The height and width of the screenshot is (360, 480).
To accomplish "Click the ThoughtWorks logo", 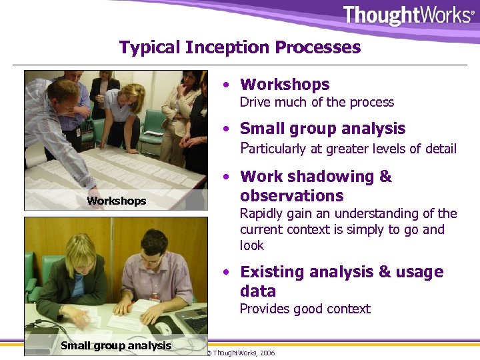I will [x=407, y=15].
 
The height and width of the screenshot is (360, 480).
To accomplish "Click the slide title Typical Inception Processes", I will [x=240, y=47].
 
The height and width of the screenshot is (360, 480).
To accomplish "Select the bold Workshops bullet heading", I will [x=285, y=85].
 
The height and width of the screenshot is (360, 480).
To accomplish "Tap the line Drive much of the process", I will [x=317, y=102].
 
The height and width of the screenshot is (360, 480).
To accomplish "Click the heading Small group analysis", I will [x=323, y=129].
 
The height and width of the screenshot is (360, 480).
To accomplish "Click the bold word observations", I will [x=292, y=196].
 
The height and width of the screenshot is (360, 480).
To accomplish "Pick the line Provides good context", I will [x=305, y=309].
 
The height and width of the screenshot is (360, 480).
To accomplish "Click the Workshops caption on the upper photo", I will [x=116, y=201].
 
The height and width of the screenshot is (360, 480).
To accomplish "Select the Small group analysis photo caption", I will [x=116, y=345].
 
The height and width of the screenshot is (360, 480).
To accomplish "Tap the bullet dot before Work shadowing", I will [x=228, y=177].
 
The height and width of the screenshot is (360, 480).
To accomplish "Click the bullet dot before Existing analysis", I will [x=228, y=273].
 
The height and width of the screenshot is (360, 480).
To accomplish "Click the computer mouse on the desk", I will [x=163, y=327].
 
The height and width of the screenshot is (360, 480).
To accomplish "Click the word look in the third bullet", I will [x=252, y=245].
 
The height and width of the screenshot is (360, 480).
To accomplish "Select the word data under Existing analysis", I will [x=257, y=291].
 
